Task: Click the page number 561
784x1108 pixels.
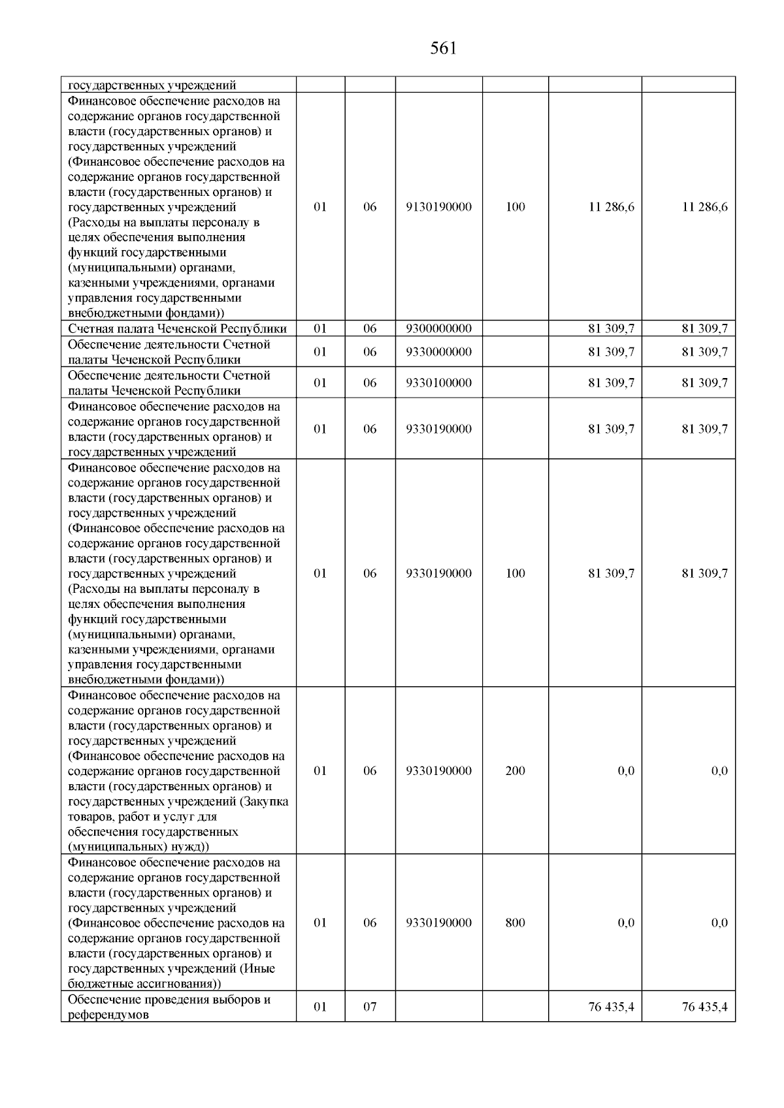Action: [x=444, y=48]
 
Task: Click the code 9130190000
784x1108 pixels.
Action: [x=438, y=207]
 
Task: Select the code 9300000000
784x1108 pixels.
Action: [x=438, y=328]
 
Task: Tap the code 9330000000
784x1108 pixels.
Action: [x=438, y=352]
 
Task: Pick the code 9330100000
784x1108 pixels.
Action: [x=438, y=383]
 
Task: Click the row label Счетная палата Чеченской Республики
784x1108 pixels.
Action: [x=177, y=328]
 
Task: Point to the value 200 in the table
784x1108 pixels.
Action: [x=515, y=770]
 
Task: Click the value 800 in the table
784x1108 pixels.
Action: [x=515, y=923]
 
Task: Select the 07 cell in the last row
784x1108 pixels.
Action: [x=370, y=1007]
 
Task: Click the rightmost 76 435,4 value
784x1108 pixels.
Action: [x=704, y=1007]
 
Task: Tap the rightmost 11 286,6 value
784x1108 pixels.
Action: [x=704, y=207]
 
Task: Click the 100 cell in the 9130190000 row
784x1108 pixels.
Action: [x=515, y=207]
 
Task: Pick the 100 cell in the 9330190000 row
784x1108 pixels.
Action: [x=515, y=573]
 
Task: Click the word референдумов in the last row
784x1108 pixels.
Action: [x=108, y=1015]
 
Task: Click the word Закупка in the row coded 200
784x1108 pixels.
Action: [x=266, y=801]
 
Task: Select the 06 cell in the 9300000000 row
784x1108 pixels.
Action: [x=370, y=328]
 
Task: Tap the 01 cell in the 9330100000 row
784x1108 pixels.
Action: [x=320, y=383]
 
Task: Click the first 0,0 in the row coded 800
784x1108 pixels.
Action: [x=625, y=923]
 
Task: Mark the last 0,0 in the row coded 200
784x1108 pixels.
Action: [x=719, y=770]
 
